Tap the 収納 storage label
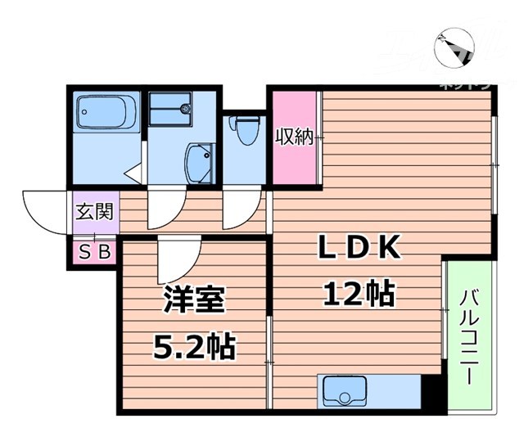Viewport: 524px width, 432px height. (294, 137)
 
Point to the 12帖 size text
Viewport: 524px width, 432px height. (358, 292)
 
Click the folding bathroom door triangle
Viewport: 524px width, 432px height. (133, 173)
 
